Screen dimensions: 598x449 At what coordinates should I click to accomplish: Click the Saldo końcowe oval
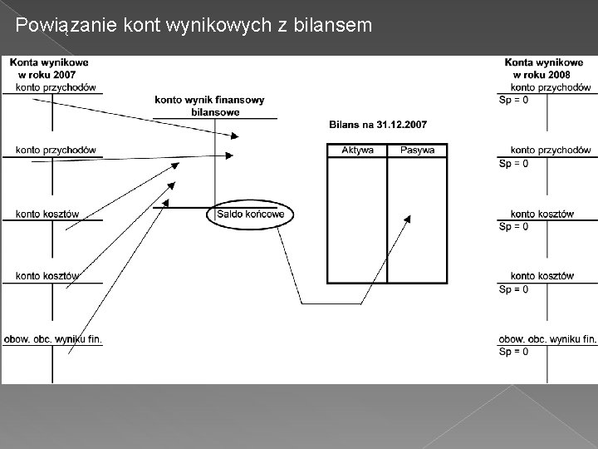(x=250, y=215)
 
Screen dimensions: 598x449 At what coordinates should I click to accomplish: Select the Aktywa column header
(x=358, y=150)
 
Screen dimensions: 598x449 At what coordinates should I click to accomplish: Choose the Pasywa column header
(x=417, y=150)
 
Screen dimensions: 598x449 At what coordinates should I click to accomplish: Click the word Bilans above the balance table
(x=345, y=125)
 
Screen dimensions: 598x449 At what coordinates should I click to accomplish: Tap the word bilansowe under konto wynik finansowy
(x=215, y=112)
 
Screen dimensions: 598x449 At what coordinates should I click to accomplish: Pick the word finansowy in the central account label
(x=239, y=101)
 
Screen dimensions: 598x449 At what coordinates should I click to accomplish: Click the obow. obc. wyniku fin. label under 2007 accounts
(x=53, y=338)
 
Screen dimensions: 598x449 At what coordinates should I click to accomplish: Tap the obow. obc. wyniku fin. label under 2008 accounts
(x=547, y=338)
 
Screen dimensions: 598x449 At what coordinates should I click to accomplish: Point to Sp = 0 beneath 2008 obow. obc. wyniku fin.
(x=513, y=352)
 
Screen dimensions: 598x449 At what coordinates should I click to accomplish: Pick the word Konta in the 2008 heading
(x=519, y=62)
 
